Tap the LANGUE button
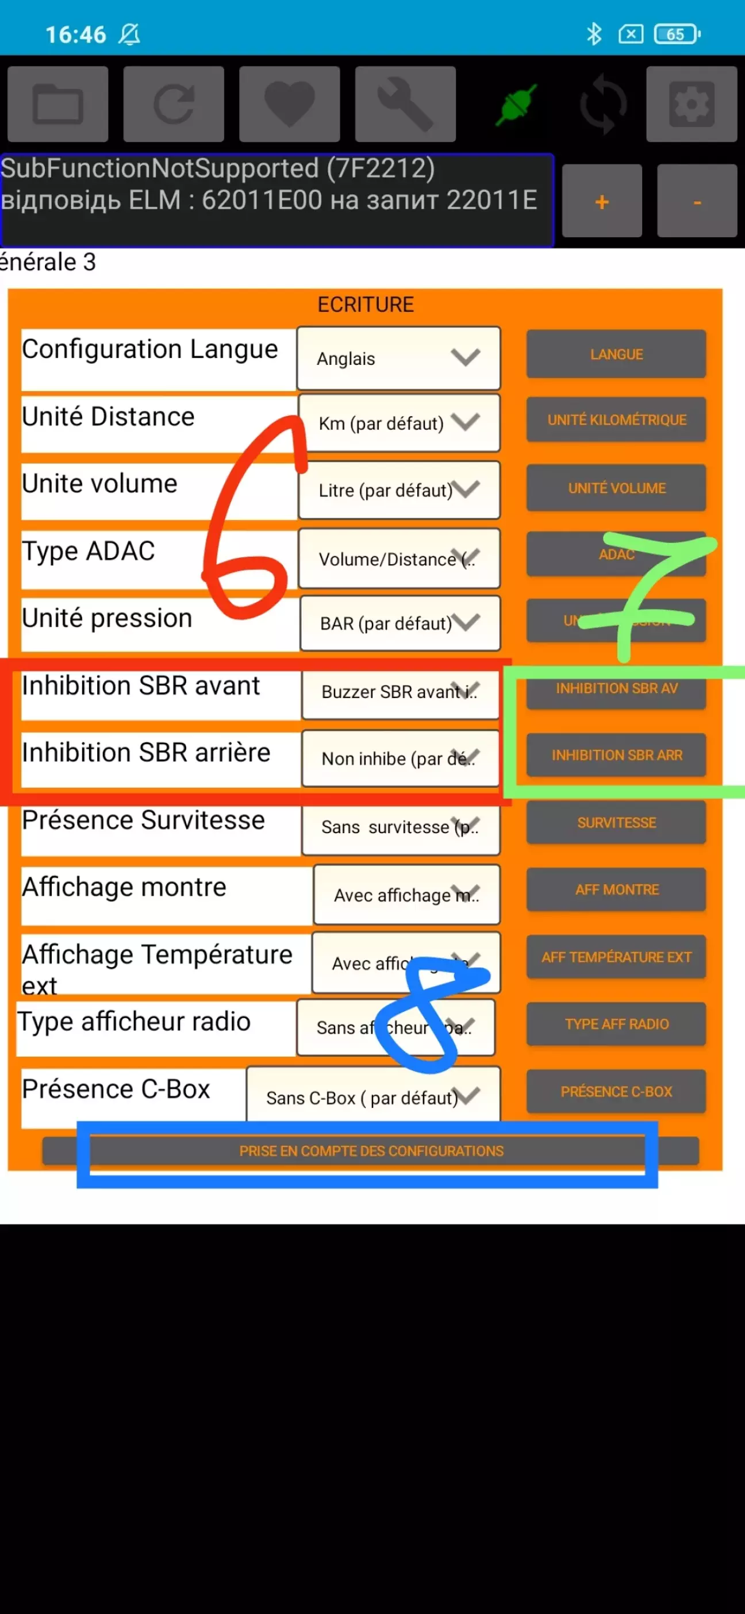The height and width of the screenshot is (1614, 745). (x=616, y=354)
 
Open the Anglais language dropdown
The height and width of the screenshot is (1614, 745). (x=398, y=359)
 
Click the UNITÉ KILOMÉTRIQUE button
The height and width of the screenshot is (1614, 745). (x=616, y=420)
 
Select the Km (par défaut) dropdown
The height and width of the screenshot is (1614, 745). (x=399, y=423)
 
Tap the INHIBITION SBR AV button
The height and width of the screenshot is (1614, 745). (x=616, y=688)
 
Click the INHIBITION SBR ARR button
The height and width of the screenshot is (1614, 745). (x=616, y=756)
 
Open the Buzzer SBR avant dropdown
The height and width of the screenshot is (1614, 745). (x=400, y=692)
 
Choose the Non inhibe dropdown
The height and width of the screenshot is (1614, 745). (x=400, y=759)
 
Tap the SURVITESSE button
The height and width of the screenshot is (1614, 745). (x=616, y=823)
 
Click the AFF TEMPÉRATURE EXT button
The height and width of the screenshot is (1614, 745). (x=616, y=957)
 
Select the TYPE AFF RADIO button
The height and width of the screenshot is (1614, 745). (x=616, y=1024)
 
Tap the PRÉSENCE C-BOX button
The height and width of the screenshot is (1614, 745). (x=616, y=1092)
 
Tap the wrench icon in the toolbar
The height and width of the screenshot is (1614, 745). (x=405, y=104)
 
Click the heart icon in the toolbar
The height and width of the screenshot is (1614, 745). (x=289, y=104)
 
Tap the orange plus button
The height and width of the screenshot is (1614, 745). (x=601, y=201)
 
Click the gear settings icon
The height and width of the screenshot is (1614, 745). (x=691, y=104)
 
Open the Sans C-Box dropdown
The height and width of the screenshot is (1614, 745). (x=373, y=1097)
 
